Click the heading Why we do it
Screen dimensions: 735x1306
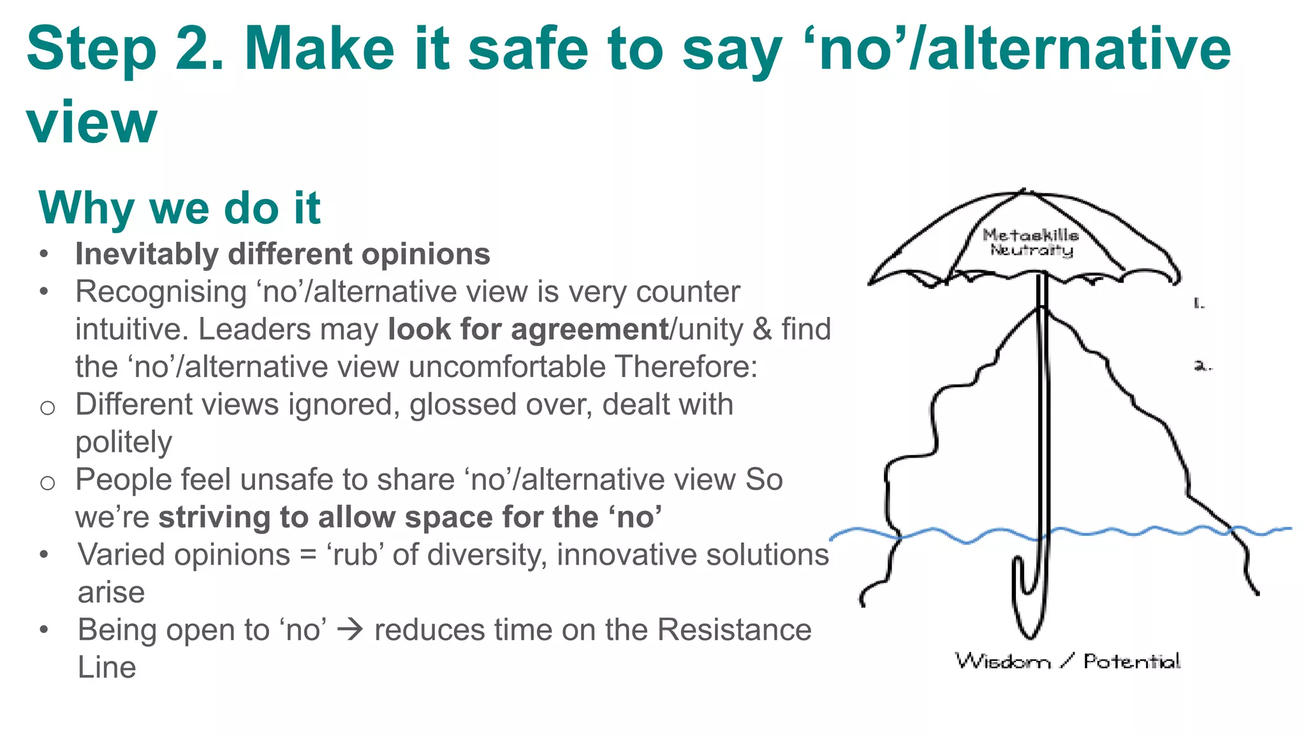pos(179,209)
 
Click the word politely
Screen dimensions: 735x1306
pos(123,442)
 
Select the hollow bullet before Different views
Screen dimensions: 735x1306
pos(47,407)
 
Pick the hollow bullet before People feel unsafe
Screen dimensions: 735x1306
pos(47,482)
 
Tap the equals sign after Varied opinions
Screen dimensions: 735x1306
pos(308,555)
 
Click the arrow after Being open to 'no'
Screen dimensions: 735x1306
pos(350,630)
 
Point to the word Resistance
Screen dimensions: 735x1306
pos(734,630)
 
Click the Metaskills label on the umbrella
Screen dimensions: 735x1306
pos(1031,235)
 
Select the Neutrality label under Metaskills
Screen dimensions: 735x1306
pos(1031,250)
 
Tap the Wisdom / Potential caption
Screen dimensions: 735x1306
pos(1068,661)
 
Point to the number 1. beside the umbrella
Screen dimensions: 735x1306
pos(1199,304)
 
